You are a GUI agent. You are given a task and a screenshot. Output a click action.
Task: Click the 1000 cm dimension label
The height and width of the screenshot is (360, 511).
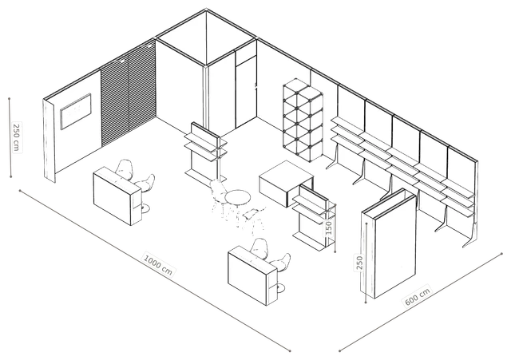(x=158, y=264)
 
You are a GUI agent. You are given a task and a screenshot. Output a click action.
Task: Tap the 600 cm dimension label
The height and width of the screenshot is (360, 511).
(x=418, y=296)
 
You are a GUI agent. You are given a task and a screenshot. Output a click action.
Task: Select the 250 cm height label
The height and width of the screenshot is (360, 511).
(x=16, y=136)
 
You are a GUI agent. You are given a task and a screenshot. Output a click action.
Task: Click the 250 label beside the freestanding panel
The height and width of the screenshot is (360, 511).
(x=359, y=263)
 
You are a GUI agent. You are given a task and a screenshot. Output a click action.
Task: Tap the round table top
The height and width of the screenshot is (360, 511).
(x=238, y=197)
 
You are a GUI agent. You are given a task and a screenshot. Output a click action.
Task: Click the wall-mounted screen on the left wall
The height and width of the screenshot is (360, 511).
(x=76, y=111)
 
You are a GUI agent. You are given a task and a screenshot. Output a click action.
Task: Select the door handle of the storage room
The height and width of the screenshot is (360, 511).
(x=255, y=87)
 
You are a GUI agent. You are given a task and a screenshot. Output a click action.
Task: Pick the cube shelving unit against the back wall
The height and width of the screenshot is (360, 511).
(x=303, y=120)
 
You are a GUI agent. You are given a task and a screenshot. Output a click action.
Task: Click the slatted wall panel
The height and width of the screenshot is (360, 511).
(x=128, y=94)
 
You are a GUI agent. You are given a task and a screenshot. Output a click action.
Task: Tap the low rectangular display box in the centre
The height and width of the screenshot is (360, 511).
(x=286, y=184)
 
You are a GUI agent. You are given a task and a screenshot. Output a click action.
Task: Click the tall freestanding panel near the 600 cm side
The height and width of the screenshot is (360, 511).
(x=389, y=243)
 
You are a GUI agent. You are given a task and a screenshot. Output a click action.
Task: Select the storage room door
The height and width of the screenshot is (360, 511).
(x=246, y=93)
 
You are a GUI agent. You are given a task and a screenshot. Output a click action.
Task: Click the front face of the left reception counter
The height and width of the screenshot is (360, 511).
(x=113, y=197)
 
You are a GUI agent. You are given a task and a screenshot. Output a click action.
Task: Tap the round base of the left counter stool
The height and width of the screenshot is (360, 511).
(x=144, y=208)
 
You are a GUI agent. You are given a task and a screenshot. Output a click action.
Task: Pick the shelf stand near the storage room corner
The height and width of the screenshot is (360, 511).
(x=206, y=152)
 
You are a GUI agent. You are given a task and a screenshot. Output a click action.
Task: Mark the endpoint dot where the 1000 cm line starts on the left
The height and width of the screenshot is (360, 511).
(x=20, y=191)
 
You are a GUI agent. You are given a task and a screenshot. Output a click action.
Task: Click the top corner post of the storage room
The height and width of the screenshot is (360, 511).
(x=206, y=10)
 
